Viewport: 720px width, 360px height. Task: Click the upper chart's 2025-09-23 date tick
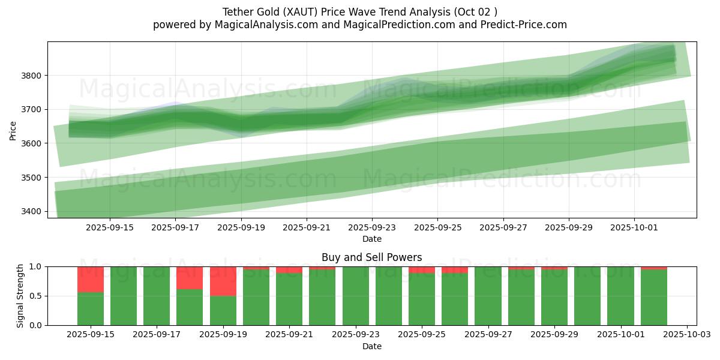[371, 228]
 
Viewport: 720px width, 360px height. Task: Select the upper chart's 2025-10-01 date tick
[634, 228]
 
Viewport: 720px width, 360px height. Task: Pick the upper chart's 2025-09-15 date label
[109, 228]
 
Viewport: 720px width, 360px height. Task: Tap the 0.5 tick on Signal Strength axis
[35, 296]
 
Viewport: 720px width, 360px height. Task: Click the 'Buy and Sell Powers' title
[371, 257]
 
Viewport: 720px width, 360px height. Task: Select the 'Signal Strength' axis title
[20, 296]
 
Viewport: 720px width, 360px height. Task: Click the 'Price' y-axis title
[13, 130]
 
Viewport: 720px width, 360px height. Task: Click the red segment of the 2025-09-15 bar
[91, 279]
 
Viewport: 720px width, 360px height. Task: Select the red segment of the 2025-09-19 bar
[223, 281]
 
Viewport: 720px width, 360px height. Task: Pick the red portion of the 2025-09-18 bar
[190, 278]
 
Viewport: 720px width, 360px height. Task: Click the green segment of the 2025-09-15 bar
[91, 308]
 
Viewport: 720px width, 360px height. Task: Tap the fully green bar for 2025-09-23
[355, 296]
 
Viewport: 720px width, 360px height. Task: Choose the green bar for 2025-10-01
[620, 296]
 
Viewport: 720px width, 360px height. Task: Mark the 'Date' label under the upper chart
[371, 239]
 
